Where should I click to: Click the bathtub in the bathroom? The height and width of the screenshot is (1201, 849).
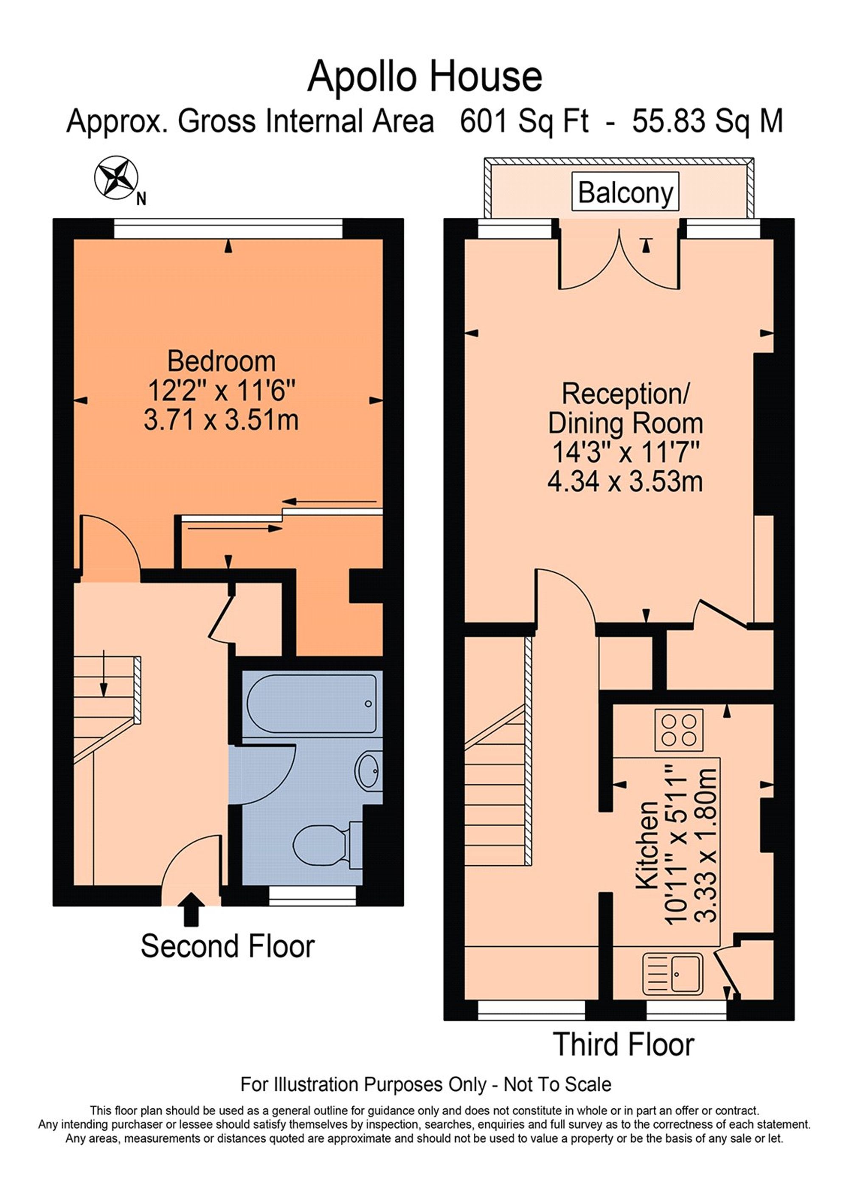(x=311, y=703)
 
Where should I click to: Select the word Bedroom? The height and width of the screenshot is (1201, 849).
(x=221, y=361)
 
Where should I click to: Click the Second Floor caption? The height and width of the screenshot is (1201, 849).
(x=228, y=946)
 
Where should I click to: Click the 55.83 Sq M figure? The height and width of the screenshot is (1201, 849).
(x=707, y=121)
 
